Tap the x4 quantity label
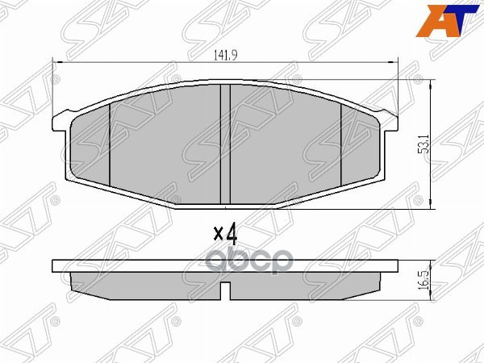[225, 234]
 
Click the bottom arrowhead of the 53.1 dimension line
[434, 206]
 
